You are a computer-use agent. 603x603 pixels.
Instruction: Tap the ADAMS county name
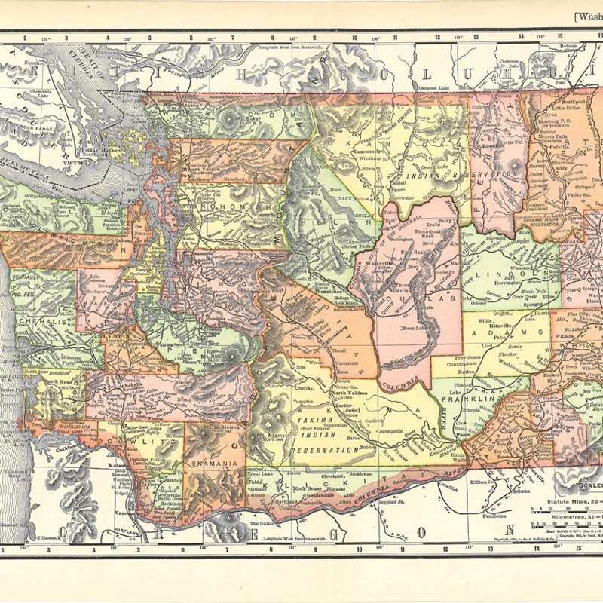[511, 332]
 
